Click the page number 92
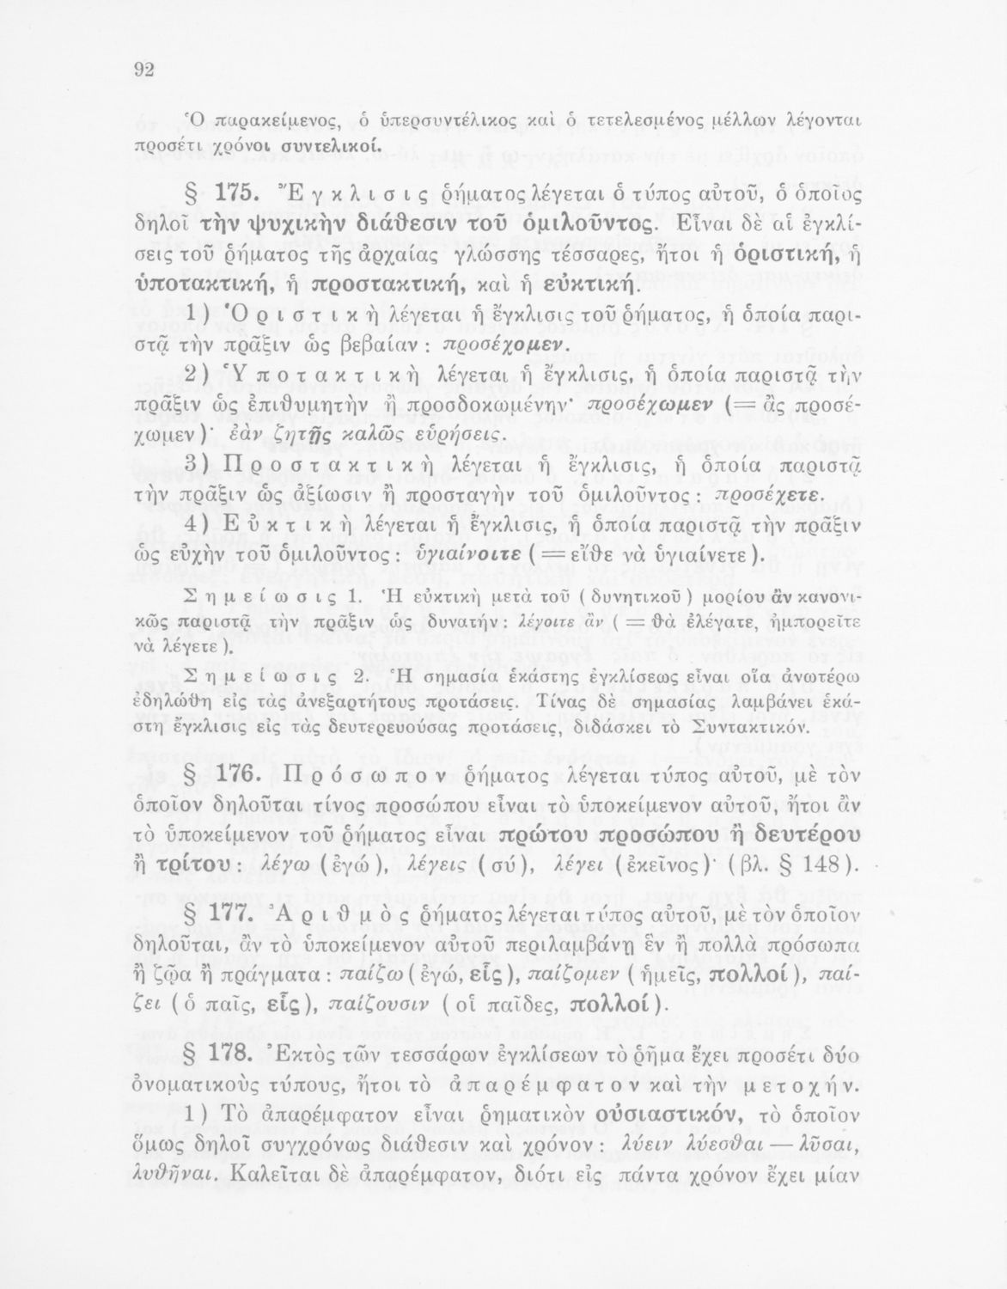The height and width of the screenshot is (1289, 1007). (x=143, y=71)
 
